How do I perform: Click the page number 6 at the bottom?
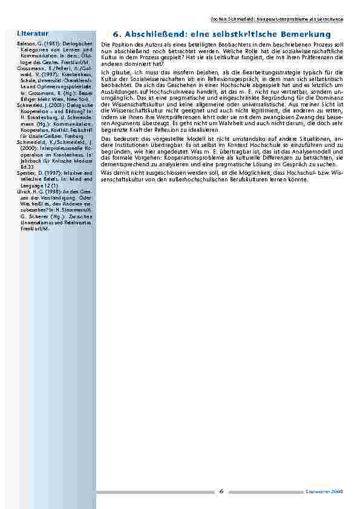[x=222, y=491]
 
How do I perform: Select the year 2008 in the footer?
[x=337, y=492]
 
